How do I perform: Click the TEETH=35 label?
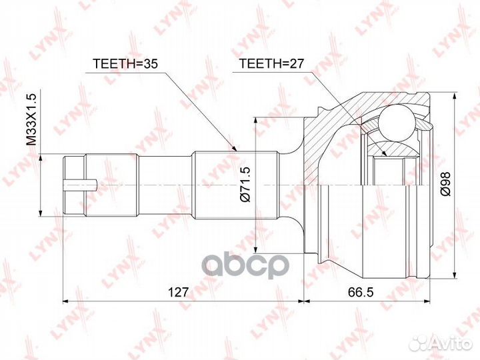tap(125, 63)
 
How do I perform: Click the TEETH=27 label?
tap(271, 63)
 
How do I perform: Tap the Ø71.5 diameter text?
tap(246, 184)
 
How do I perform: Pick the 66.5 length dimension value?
tap(361, 292)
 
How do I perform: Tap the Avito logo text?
tap(449, 343)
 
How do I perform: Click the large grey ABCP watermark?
tap(247, 266)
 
